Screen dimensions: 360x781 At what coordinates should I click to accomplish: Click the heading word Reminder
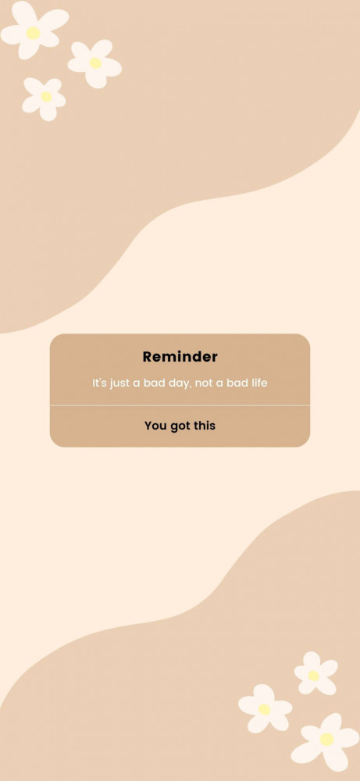(x=180, y=357)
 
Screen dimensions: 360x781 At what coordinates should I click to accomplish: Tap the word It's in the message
(x=100, y=383)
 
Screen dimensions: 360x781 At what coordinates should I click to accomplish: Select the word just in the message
(x=119, y=383)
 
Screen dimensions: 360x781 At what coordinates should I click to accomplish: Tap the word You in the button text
(x=155, y=426)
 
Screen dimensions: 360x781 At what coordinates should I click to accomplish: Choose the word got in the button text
(x=180, y=426)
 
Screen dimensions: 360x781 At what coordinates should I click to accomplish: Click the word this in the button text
(x=204, y=426)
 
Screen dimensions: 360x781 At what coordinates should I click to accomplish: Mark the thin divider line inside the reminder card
(x=180, y=405)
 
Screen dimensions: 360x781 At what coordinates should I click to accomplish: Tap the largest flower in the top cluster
(x=34, y=30)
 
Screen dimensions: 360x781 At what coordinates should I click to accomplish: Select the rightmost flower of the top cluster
(x=94, y=64)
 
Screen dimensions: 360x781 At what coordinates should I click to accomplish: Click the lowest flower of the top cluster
(x=45, y=98)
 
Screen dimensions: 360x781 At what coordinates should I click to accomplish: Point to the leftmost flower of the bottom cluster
(x=265, y=708)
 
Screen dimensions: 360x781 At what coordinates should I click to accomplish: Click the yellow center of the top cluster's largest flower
(x=33, y=33)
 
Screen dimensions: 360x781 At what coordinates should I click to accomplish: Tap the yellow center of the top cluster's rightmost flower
(x=95, y=62)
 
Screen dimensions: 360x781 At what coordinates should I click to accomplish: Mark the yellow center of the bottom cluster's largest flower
(x=326, y=740)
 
